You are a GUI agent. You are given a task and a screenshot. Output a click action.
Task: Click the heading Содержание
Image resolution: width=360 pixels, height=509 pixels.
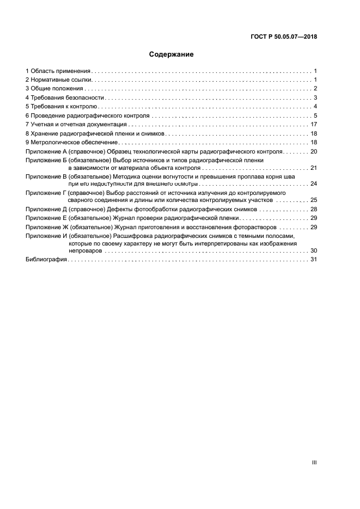172,54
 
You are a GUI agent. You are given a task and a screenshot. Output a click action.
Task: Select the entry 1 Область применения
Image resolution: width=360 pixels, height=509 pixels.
58,71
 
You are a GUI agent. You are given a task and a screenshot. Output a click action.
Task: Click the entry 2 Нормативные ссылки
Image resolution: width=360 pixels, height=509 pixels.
58,80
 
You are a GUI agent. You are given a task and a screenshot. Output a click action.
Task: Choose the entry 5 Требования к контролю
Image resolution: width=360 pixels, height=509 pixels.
62,107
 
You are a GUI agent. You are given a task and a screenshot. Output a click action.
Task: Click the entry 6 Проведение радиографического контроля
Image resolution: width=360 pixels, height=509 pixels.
87,116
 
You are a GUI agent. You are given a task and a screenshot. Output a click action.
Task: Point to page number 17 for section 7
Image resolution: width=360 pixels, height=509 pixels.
313,125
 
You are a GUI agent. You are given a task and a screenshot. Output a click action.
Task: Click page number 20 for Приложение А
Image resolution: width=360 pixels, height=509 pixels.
313,151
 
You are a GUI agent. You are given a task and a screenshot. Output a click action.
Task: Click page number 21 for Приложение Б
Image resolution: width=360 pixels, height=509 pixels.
313,168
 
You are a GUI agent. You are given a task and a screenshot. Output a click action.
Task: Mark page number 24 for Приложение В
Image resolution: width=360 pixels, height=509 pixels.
313,184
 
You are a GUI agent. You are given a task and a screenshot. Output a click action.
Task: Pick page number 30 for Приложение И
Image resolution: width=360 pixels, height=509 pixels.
313,250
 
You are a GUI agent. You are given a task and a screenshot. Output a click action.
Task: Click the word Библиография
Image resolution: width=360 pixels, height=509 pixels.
46,260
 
